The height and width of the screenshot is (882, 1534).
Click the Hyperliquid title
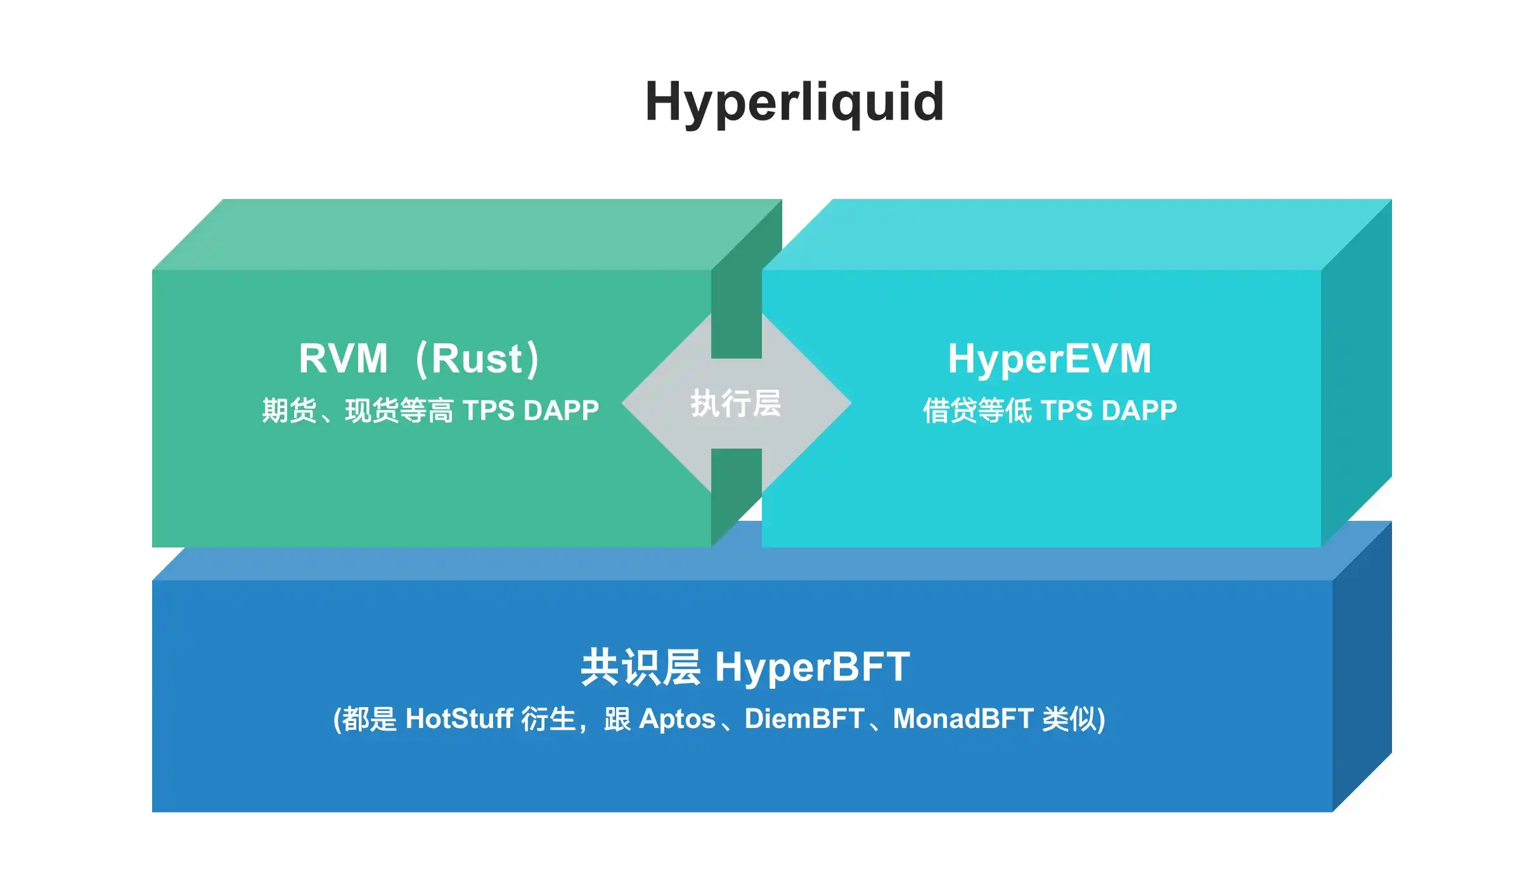794,103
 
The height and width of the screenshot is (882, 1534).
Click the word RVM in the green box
343,359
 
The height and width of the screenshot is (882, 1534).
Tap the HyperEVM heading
1050,359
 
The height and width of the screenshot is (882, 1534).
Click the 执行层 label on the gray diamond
736,404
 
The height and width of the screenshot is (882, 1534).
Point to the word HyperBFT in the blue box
813,667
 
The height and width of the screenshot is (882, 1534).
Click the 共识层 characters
640,667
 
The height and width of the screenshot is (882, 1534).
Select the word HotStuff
459,719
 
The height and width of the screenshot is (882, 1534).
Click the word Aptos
677,719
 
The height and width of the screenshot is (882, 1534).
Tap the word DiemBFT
804,719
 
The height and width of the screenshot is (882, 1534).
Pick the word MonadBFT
963,719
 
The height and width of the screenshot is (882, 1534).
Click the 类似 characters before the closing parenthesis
1070,719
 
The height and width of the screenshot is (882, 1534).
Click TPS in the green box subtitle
488,411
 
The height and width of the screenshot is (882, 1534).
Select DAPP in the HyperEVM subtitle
1139,411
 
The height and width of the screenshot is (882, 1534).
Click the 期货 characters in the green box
289,411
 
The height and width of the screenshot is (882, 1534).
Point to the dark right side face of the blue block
1362,665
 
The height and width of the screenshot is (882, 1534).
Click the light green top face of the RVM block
444,234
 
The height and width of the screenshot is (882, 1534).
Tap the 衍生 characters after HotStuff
548,719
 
